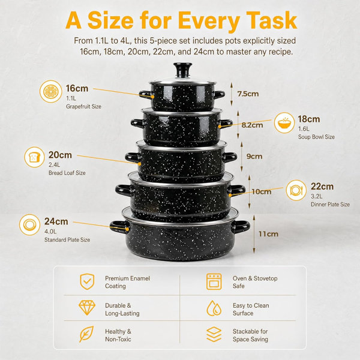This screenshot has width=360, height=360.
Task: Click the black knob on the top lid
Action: pos(182,69)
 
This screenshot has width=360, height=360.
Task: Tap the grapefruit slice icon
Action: pos(51,91)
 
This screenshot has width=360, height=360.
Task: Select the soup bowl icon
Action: pos(284,123)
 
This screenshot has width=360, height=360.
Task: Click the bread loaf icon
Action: pos(34,157)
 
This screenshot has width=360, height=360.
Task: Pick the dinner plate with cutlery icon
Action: pos(296,190)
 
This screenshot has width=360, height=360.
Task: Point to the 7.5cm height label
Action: pos(248,94)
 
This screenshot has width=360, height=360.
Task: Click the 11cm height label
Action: pos(268,234)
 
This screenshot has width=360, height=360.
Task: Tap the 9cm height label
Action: pos(254,157)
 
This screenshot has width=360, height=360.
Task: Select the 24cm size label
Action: pos(56,221)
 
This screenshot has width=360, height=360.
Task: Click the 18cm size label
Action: pos(309,119)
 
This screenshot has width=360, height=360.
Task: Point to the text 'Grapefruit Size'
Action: pos(83,107)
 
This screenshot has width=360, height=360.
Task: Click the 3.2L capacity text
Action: pos(317,197)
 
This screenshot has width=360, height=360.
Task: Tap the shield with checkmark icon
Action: pos(87,281)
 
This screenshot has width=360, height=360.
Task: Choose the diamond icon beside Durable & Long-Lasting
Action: pos(87,308)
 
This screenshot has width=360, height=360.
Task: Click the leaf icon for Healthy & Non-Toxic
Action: pos(86,334)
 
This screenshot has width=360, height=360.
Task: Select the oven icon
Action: pos(214,281)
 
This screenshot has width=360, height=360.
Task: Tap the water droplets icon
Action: pos(214,308)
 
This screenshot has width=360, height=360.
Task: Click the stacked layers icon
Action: pos(214,335)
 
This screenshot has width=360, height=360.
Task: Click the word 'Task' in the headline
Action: pos(272,20)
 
